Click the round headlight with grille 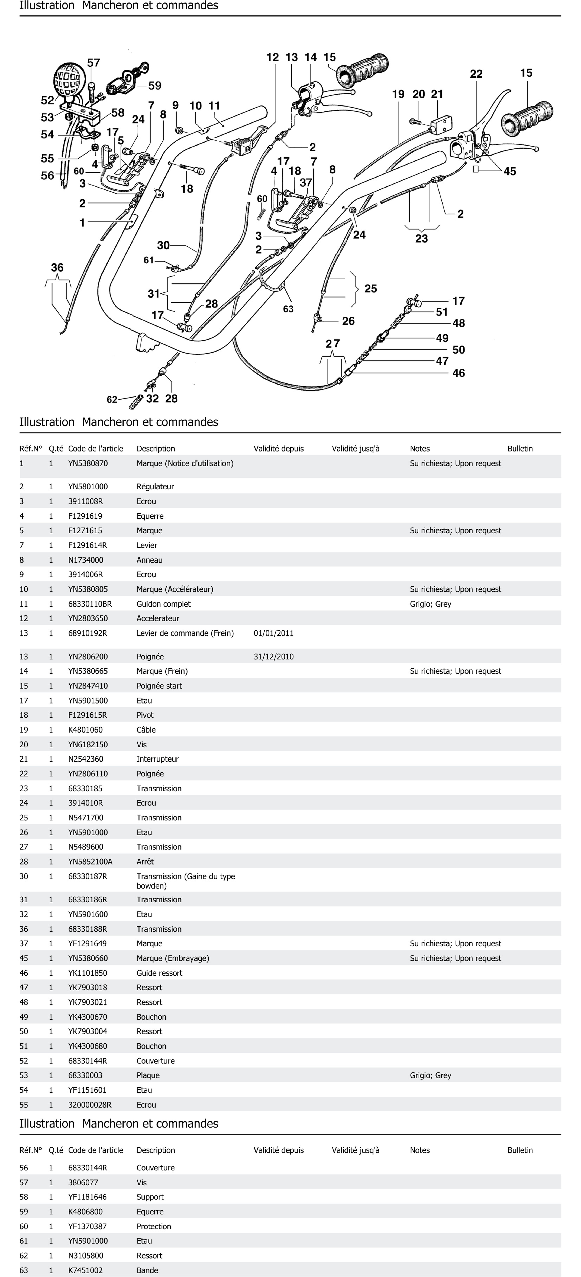[69, 79]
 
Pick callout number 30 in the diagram [163, 245]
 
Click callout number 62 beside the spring [112, 399]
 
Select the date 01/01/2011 [274, 633]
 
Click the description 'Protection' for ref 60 [154, 1226]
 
